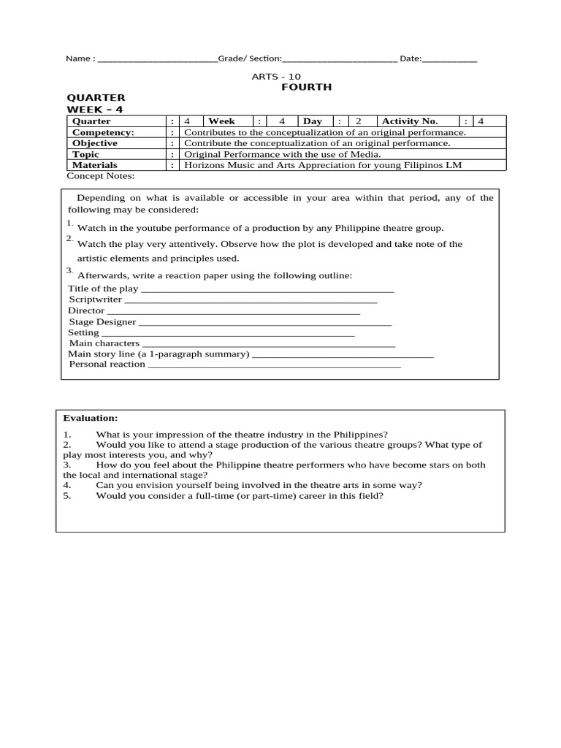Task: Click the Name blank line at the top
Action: click(x=157, y=60)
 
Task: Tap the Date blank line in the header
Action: click(x=450, y=60)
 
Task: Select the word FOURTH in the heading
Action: click(x=307, y=87)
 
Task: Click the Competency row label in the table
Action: click(x=103, y=132)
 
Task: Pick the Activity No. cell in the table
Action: click(x=410, y=121)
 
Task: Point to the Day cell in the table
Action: click(x=313, y=121)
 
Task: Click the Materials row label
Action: click(x=95, y=165)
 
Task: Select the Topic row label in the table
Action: click(x=86, y=154)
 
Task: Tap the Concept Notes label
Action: click(x=101, y=176)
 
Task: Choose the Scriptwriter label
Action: click(x=95, y=299)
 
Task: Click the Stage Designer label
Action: click(x=102, y=321)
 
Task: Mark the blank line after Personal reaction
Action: click(x=275, y=365)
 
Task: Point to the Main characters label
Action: click(x=104, y=343)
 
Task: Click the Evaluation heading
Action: click(x=90, y=418)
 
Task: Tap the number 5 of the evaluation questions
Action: click(x=66, y=496)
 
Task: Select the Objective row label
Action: click(x=95, y=143)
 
